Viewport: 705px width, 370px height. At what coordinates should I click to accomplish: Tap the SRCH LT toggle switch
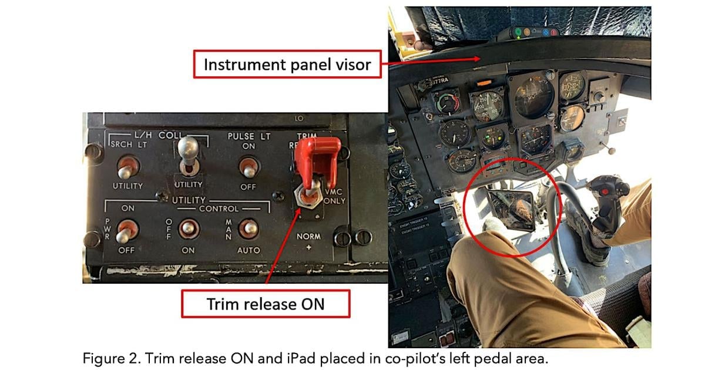coord(126,167)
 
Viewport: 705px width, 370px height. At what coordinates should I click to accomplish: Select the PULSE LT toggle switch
coord(249,167)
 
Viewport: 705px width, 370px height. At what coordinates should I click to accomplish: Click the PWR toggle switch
coord(126,231)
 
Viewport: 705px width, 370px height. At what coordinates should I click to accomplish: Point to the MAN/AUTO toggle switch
coord(249,228)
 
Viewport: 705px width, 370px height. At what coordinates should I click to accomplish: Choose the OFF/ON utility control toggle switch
coord(189,228)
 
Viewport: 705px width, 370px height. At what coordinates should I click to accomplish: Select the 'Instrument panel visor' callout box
coord(287,64)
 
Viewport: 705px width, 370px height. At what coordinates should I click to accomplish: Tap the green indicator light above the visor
coord(517,32)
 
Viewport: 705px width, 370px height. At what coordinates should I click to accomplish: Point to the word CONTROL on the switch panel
coord(219,208)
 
